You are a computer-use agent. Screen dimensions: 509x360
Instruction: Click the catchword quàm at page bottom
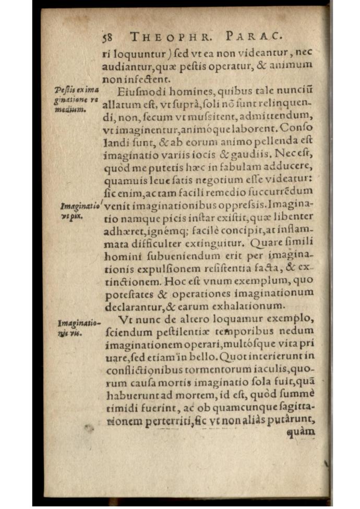[301, 431]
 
